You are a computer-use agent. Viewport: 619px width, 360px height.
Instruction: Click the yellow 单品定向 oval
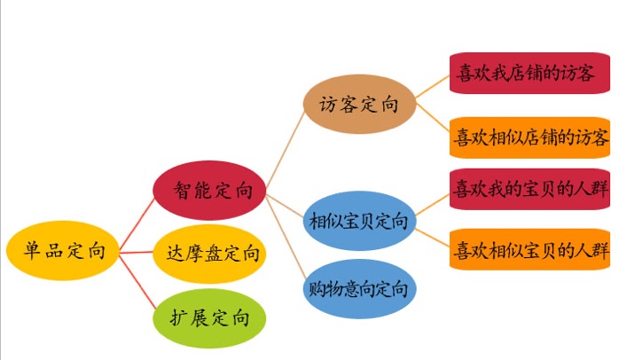[62, 250]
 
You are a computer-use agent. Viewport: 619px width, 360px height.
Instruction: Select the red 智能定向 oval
[209, 190]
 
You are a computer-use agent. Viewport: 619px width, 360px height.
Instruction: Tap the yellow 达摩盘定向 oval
[209, 254]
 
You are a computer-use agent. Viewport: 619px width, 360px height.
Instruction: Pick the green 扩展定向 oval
[209, 318]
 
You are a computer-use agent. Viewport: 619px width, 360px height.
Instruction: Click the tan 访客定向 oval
[360, 104]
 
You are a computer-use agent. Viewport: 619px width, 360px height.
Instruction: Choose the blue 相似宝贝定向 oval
[360, 221]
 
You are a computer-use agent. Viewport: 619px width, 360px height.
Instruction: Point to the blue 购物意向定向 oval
[360, 288]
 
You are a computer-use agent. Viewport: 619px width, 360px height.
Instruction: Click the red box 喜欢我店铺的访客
[529, 73]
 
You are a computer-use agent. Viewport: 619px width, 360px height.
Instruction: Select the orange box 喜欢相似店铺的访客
[529, 137]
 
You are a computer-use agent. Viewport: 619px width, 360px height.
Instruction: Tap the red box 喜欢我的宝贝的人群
[529, 189]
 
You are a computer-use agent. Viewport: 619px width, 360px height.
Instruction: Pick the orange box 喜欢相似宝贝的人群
[529, 249]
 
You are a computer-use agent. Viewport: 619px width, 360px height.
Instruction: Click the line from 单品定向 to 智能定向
[137, 224]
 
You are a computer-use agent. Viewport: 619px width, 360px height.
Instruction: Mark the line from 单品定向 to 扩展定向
[137, 281]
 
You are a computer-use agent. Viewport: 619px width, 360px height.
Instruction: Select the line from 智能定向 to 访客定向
[286, 149]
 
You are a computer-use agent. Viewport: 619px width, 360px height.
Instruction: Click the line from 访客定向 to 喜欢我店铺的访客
[433, 86]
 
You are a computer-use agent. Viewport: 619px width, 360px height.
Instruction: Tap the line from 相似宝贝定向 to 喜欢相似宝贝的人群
[433, 238]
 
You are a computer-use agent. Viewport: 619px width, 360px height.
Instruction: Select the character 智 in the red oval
[183, 191]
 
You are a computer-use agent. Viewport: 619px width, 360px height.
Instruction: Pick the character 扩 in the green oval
[179, 317]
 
